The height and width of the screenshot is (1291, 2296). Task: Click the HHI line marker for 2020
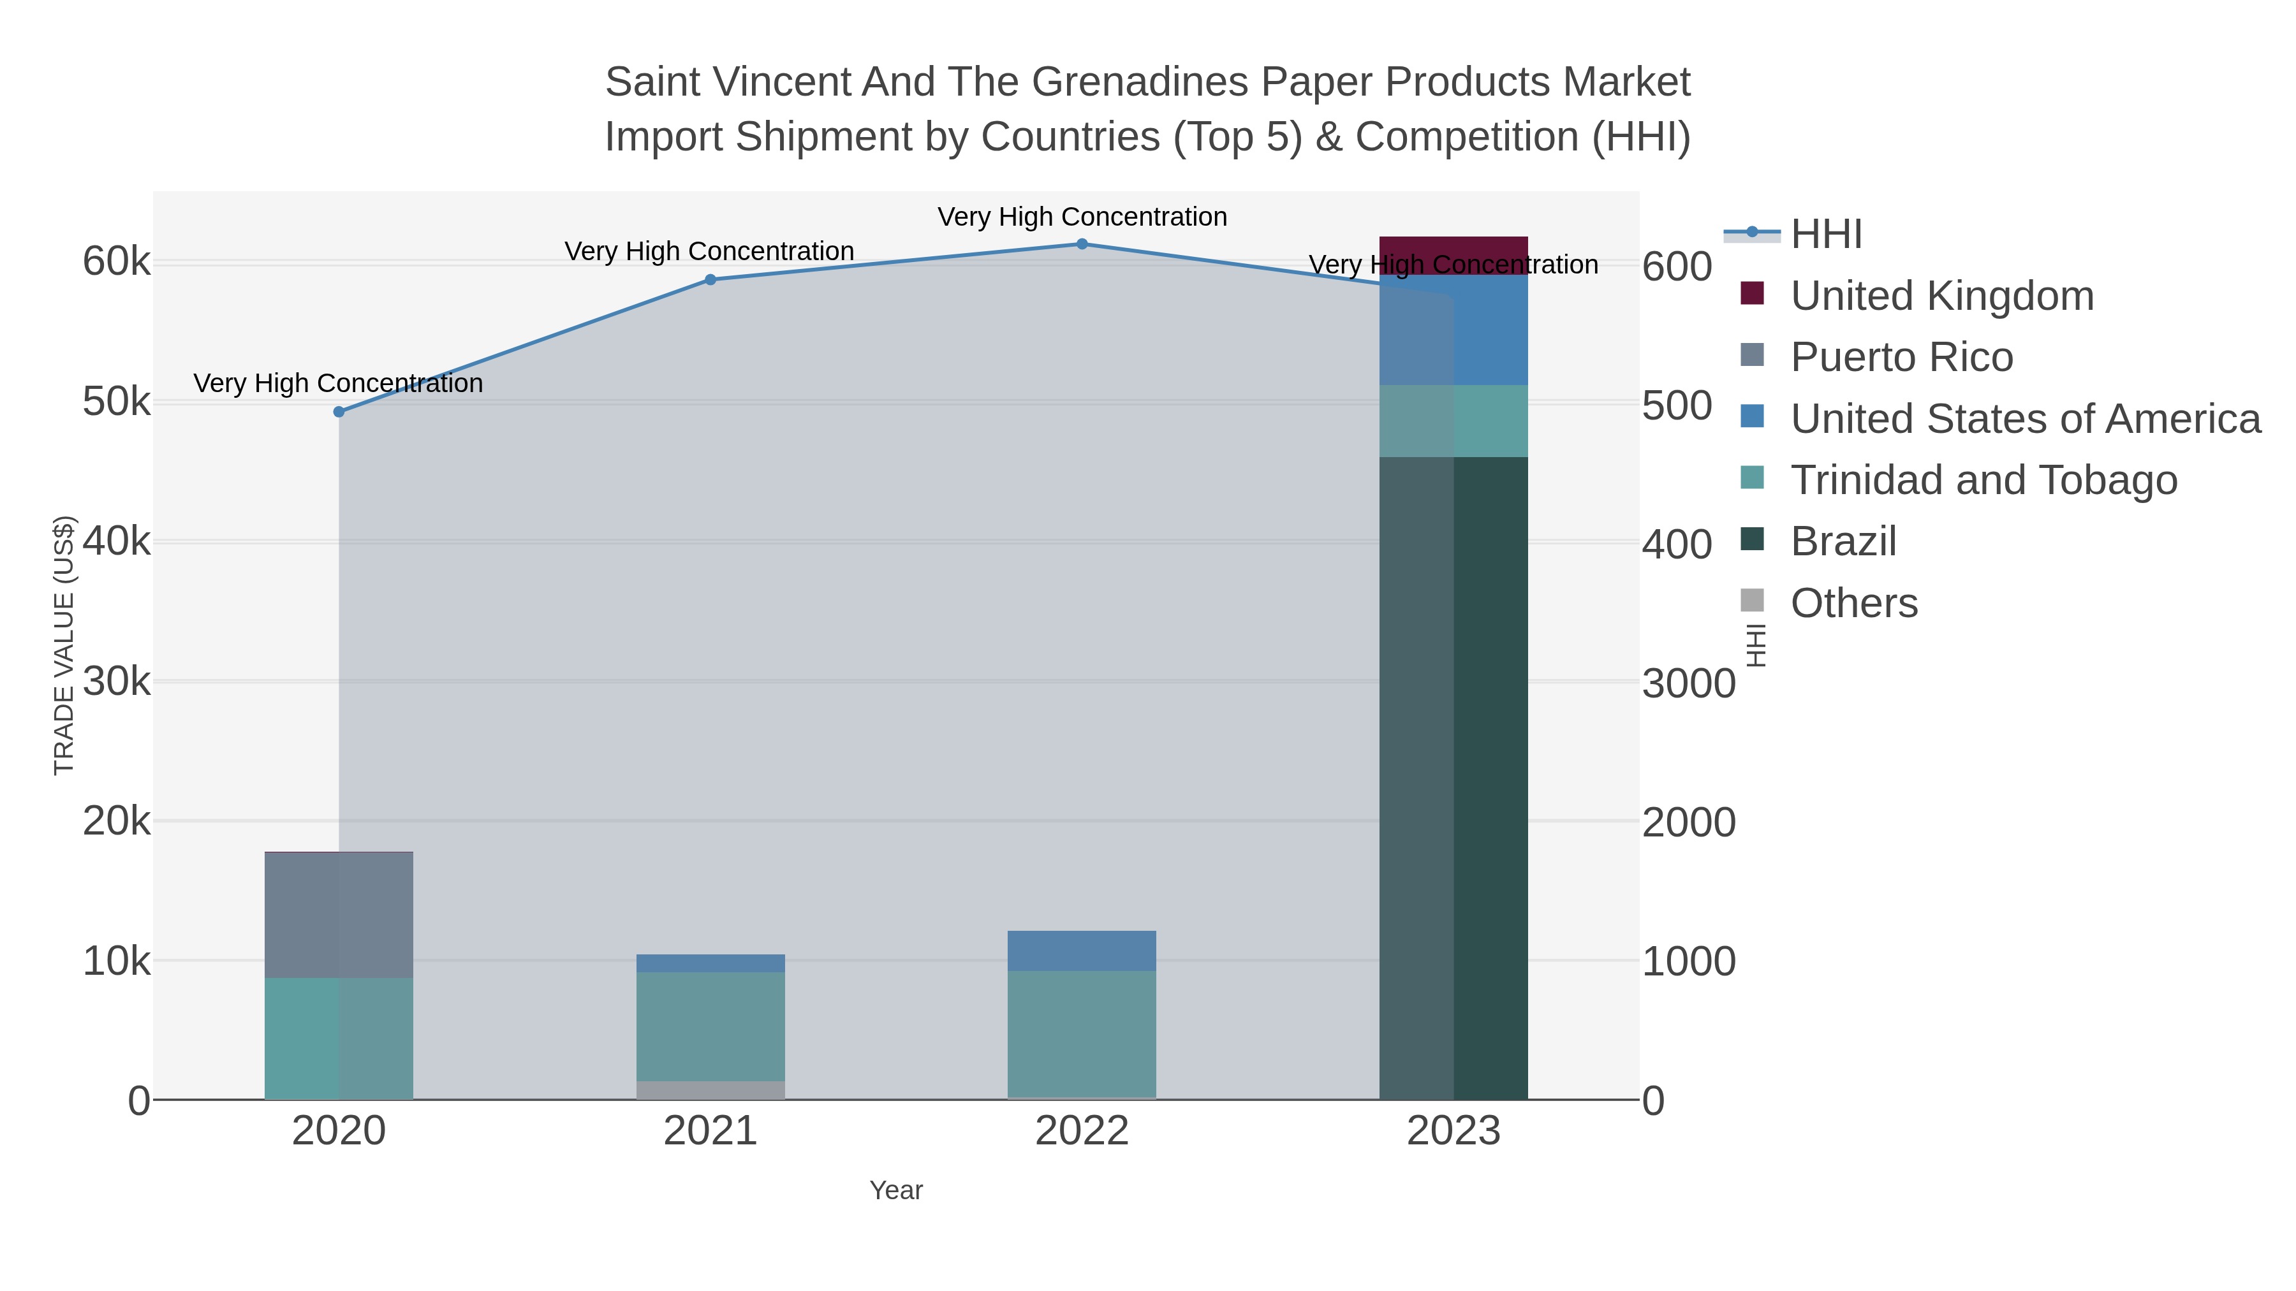(x=339, y=412)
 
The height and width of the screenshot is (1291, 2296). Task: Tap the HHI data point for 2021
(x=710, y=280)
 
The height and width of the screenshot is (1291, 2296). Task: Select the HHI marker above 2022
(x=1082, y=244)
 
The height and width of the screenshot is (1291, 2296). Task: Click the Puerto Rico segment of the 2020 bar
(x=339, y=915)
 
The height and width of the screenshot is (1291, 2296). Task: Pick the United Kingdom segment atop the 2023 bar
(x=1453, y=256)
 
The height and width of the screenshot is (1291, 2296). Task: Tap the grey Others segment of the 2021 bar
(x=710, y=1091)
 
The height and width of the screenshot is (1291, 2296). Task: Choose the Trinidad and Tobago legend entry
(x=1983, y=480)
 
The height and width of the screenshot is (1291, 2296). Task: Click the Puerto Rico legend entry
(x=1901, y=357)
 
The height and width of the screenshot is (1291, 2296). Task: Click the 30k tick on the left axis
(x=117, y=682)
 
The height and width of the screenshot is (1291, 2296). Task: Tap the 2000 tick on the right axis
(x=1688, y=822)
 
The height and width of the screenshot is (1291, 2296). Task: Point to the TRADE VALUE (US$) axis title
(x=64, y=645)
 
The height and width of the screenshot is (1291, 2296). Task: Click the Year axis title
(x=896, y=1190)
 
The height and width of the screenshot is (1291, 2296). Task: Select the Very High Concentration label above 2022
(x=1082, y=217)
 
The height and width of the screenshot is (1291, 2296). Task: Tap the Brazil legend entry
(x=1843, y=542)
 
